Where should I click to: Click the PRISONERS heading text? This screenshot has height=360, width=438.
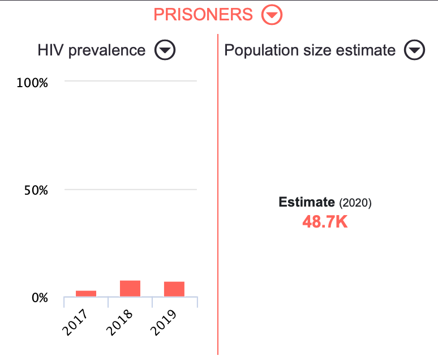203,15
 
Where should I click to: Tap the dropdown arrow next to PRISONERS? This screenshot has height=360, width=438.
272,15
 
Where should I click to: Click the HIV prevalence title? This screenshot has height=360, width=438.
92,50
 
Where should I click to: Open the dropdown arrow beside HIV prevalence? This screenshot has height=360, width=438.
165,50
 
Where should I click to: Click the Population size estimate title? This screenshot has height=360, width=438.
310,50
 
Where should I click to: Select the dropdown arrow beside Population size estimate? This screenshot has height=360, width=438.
414,50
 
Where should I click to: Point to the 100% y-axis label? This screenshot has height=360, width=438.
33,83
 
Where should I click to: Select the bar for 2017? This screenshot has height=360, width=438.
86,293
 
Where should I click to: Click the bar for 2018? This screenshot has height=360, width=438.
130,288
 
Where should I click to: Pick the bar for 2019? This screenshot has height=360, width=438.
174,289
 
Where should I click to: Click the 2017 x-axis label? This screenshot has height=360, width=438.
75,323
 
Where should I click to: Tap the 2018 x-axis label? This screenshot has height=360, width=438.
119,323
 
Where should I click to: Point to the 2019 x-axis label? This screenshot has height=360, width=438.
163,323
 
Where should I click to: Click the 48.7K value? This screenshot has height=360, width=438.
325,222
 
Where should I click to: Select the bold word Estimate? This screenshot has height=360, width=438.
307,202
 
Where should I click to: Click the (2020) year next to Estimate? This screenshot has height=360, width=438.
355,203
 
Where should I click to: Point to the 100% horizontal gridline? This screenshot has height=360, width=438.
131,82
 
